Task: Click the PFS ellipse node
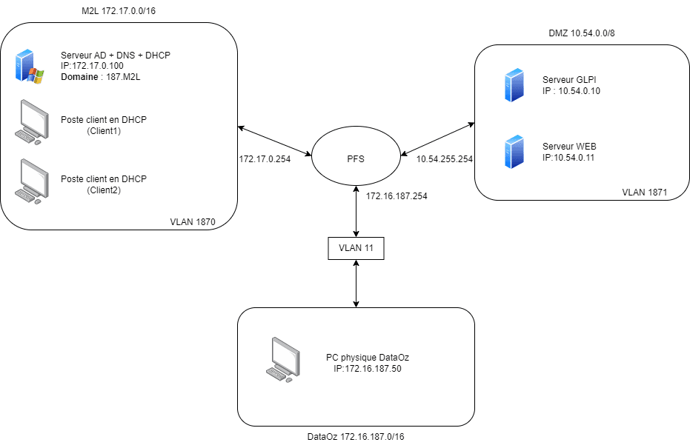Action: click(x=356, y=158)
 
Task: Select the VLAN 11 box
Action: click(x=356, y=249)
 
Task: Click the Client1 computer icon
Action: click(x=30, y=121)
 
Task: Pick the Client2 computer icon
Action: click(x=30, y=181)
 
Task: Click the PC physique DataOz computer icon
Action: click(x=284, y=358)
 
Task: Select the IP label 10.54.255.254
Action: click(x=445, y=159)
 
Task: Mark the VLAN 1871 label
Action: click(x=645, y=193)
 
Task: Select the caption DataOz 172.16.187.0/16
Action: click(x=356, y=437)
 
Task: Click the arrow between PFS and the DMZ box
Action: click(x=437, y=139)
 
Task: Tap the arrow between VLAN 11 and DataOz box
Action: click(x=356, y=284)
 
